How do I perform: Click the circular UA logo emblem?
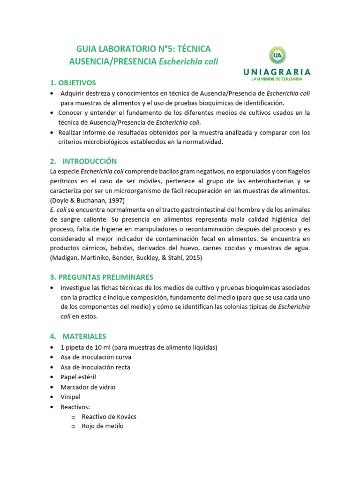tap(277, 56)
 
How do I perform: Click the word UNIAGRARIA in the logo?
tap(277, 72)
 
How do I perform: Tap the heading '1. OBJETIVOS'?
tap(73, 82)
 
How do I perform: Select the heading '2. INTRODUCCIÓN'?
tap(83, 161)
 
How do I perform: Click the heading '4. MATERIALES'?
tap(78, 336)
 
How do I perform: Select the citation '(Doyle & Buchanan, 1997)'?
tap(87, 200)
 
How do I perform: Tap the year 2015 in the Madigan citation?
tap(194, 258)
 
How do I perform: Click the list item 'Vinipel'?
tap(71, 397)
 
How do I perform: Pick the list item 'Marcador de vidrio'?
tap(88, 387)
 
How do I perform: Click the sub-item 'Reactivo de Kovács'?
tap(109, 416)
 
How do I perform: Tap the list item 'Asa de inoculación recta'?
tap(95, 367)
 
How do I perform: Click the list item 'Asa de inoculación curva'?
tap(95, 357)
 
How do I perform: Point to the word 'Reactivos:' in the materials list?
tap(75, 406)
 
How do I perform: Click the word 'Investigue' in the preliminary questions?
tap(75, 287)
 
